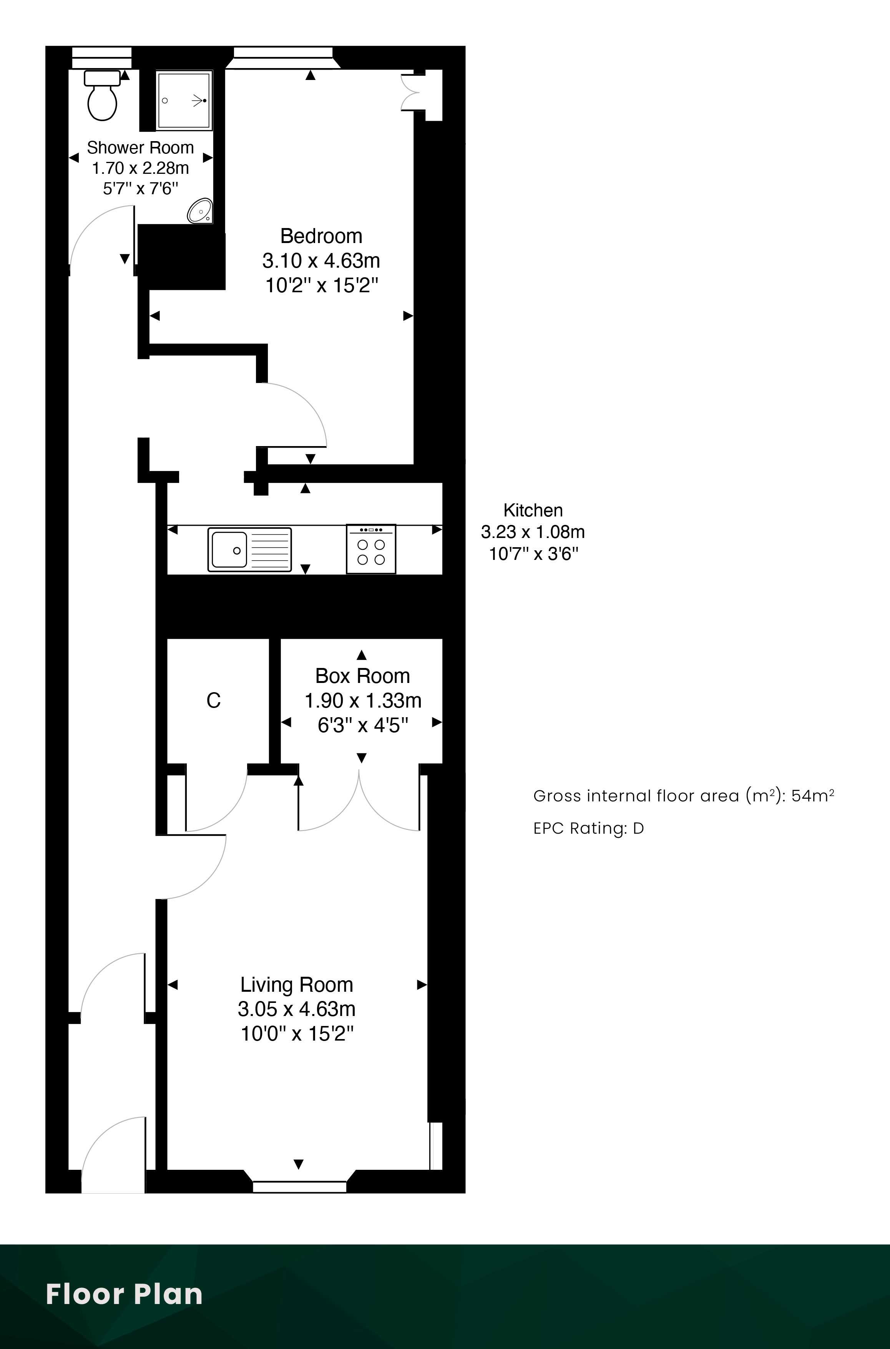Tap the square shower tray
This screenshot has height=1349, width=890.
184,100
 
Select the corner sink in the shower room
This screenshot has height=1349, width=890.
200,211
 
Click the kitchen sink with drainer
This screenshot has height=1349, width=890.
250,549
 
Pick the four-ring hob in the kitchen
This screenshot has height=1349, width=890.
371,549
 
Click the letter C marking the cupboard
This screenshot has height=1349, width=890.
213,700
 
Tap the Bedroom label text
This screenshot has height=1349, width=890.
321,236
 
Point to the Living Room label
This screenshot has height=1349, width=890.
297,984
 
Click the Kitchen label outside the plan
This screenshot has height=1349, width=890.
533,510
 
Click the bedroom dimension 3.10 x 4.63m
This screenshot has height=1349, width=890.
321,261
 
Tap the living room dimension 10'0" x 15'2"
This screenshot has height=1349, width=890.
297,1034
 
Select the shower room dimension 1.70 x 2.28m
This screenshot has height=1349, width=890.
141,168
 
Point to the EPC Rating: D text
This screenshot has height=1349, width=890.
589,828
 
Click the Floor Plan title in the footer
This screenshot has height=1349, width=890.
124,1294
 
